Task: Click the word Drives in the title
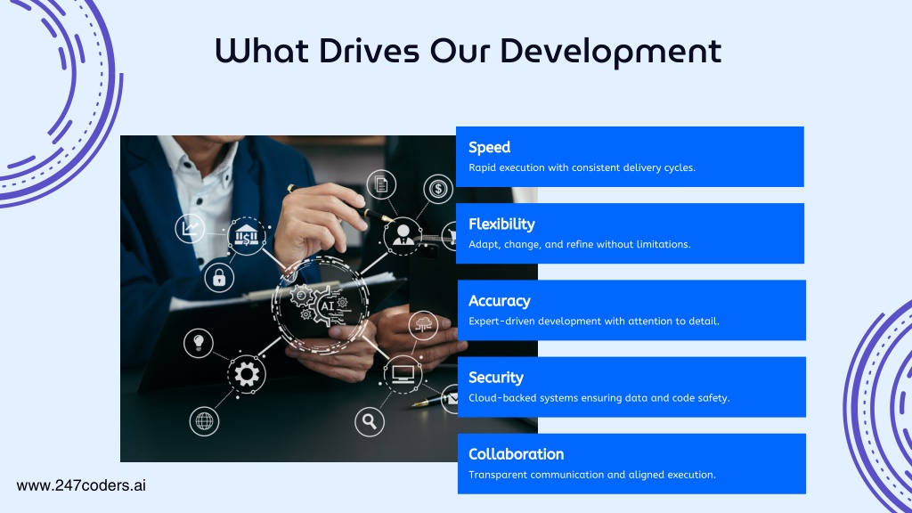369,51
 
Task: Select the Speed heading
489,148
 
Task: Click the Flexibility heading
501,224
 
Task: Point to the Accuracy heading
500,301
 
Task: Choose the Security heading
496,378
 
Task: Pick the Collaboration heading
517,454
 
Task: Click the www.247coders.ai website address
81,485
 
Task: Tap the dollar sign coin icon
438,189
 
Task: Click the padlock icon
219,278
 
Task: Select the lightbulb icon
199,343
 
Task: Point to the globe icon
204,420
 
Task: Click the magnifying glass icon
370,420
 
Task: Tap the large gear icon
247,374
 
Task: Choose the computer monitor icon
403,374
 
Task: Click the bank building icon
247,236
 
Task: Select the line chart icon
190,228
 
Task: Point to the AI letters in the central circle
328,305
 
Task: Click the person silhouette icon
403,236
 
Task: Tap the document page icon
381,184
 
